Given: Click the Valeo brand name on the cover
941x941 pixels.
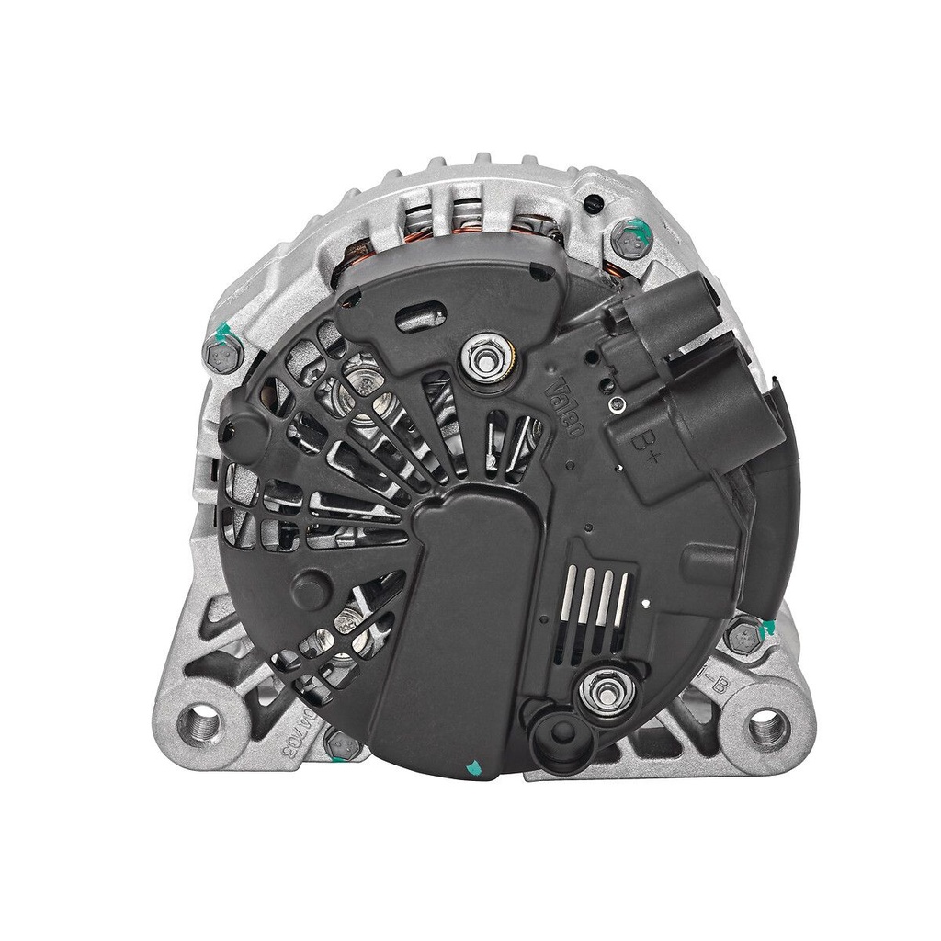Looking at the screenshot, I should [562, 407].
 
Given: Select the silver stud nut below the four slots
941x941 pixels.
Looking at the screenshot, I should [606, 687].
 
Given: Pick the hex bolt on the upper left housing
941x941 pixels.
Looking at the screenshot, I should [222, 353].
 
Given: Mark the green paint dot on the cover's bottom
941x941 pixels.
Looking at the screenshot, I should [474, 765].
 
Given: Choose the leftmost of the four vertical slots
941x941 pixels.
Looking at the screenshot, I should [573, 598].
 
